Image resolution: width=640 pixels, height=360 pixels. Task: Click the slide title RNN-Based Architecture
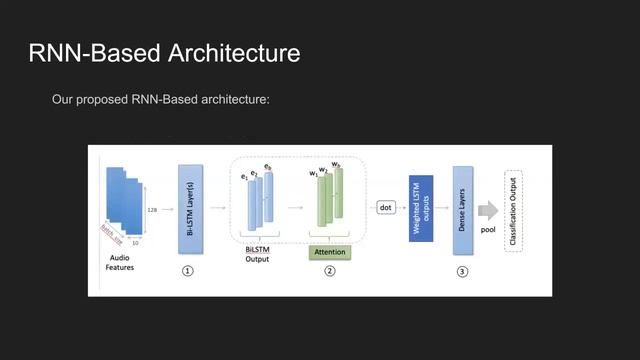pyautogui.click(x=164, y=53)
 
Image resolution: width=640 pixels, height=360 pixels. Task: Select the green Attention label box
pyautogui.click(x=329, y=252)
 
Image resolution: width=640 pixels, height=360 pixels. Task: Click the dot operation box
pyautogui.click(x=386, y=208)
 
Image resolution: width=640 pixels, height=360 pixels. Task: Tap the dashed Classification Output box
pyautogui.click(x=515, y=211)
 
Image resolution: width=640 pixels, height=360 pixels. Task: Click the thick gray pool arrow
pyautogui.click(x=488, y=210)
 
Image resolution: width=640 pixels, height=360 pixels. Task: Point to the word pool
pyautogui.click(x=488, y=229)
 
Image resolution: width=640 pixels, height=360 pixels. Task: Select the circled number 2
pyautogui.click(x=329, y=271)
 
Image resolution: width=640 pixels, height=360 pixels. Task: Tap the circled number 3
pyautogui.click(x=462, y=271)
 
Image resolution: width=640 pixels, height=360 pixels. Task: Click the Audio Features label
pyautogui.click(x=120, y=262)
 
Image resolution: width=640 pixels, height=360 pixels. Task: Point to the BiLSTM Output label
pyautogui.click(x=258, y=254)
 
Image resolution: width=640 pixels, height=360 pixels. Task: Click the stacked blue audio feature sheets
pyautogui.click(x=124, y=200)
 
